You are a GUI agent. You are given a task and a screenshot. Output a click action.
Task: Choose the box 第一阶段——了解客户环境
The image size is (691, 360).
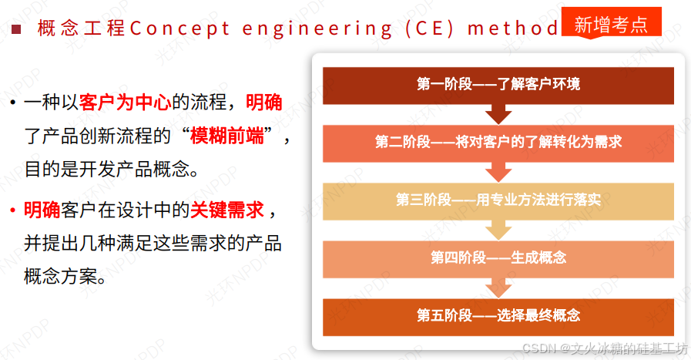(498, 84)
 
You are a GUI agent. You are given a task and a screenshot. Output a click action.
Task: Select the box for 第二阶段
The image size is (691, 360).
(498, 142)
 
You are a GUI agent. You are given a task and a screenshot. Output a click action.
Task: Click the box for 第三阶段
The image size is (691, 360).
(498, 200)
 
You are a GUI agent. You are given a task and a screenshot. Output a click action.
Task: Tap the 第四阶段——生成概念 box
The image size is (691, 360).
(498, 257)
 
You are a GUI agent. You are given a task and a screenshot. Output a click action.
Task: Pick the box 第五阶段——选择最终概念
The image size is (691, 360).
(498, 315)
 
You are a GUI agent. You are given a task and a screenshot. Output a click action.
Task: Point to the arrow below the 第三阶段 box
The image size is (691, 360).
(498, 229)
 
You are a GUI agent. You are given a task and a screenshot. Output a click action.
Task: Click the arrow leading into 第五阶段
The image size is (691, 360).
(498, 287)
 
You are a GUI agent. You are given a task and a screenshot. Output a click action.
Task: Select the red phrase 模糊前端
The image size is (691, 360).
(232, 137)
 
